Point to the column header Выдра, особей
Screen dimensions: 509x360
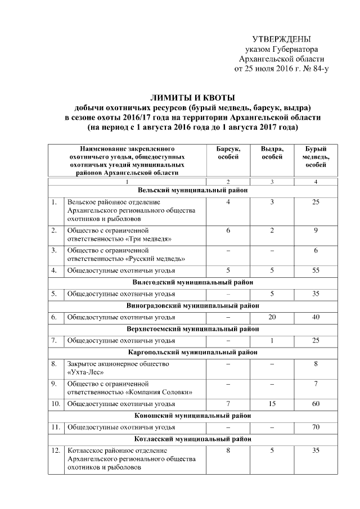tap(272, 152)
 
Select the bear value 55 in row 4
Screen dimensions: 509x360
tap(316, 271)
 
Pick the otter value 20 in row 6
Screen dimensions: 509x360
tap(272, 317)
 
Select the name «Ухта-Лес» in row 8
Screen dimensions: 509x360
tap(85, 372)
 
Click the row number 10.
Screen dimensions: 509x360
tap(55, 403)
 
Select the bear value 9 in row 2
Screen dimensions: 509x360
tap(316, 231)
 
